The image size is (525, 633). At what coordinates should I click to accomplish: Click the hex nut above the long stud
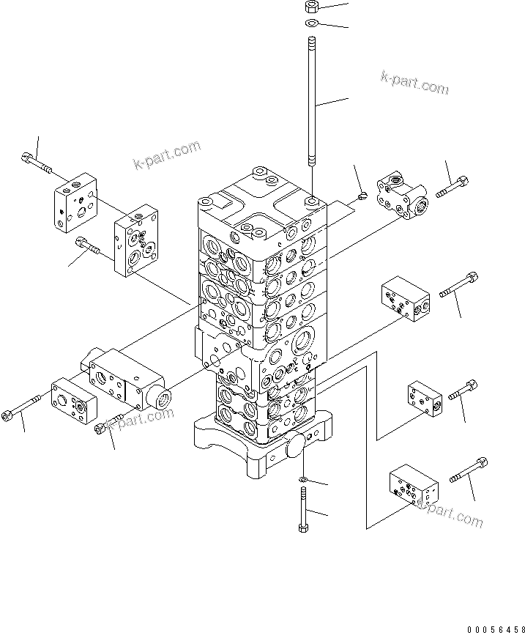pyautogui.click(x=310, y=8)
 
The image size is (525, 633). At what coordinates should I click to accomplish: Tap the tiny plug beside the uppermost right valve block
pyautogui.click(x=362, y=194)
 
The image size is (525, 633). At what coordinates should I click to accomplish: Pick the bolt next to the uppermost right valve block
pyautogui.click(x=452, y=186)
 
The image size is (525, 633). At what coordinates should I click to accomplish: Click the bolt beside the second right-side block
pyautogui.click(x=459, y=285)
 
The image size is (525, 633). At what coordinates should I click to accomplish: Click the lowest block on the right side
pyautogui.click(x=413, y=487)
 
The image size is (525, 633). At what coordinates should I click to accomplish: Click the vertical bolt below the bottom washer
pyautogui.click(x=303, y=510)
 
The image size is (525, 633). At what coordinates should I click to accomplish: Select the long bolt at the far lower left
pyautogui.click(x=25, y=407)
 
